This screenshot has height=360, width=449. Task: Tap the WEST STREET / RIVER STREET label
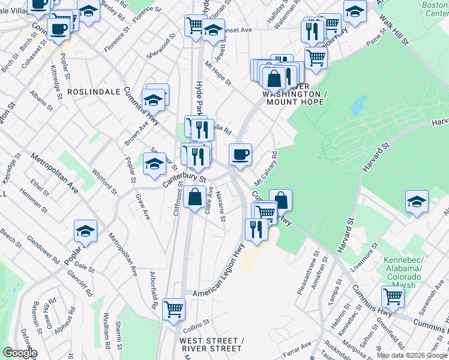[211, 345]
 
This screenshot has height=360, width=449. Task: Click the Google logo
[20, 353]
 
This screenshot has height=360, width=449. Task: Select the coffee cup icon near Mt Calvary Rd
[240, 155]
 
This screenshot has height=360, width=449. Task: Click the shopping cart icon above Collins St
[173, 309]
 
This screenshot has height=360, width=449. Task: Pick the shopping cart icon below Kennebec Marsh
[392, 295]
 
